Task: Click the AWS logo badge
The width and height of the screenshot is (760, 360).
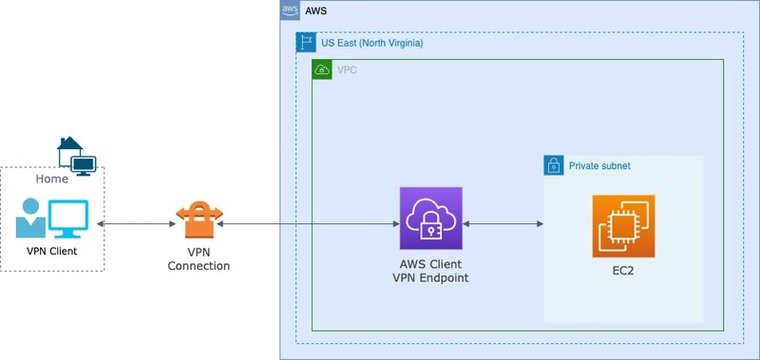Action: click(290, 9)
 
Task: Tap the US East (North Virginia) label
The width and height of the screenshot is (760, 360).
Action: click(371, 43)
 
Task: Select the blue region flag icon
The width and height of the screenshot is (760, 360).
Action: click(306, 43)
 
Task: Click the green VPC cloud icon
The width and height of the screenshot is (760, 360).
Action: click(321, 69)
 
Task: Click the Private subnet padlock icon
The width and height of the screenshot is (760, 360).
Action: click(553, 165)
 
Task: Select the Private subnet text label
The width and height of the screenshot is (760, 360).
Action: click(599, 166)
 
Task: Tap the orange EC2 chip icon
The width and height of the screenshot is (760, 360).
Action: click(623, 226)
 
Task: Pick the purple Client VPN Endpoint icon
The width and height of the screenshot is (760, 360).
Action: click(430, 218)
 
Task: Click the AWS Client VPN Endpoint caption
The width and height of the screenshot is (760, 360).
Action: click(430, 271)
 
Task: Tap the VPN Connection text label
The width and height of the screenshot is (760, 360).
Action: click(199, 259)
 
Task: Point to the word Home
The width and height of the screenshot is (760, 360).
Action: click(51, 179)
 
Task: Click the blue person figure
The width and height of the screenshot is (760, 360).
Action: click(30, 218)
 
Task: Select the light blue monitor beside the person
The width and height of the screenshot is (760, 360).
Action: click(67, 218)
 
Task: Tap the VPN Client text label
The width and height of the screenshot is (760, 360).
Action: click(51, 252)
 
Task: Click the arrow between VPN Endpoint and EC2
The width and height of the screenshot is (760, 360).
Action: click(503, 224)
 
